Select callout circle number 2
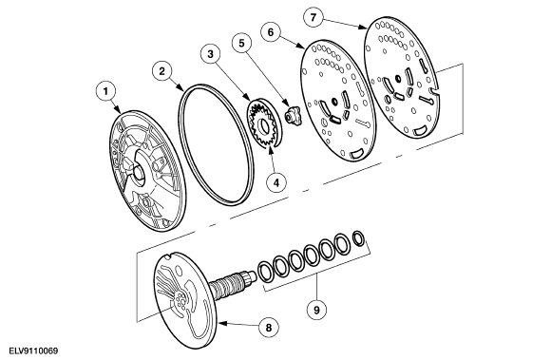pyautogui.click(x=163, y=70)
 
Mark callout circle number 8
pyautogui.click(x=268, y=325)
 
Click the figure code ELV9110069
pyautogui.click(x=31, y=351)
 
